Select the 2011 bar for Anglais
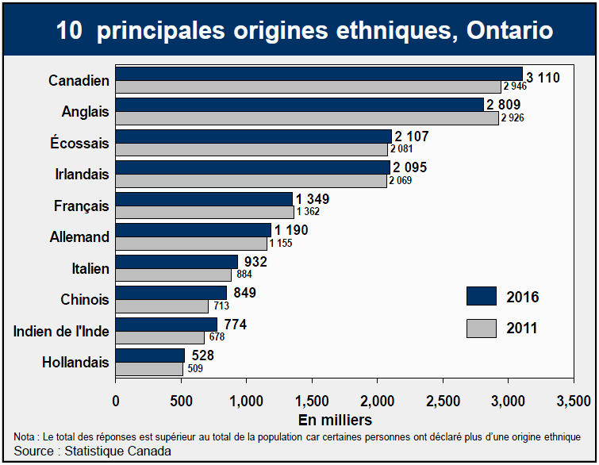click(307, 117)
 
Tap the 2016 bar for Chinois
click(171, 293)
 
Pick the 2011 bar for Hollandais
click(150, 368)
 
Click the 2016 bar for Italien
click(177, 261)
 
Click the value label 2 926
click(512, 117)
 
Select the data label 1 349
click(312, 198)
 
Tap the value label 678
click(217, 336)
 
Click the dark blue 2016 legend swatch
click(482, 296)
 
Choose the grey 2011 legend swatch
click(482, 327)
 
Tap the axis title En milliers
click(335, 419)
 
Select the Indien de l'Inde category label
click(61, 331)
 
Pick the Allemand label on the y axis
click(79, 236)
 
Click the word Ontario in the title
click(509, 30)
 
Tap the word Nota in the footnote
click(24, 437)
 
